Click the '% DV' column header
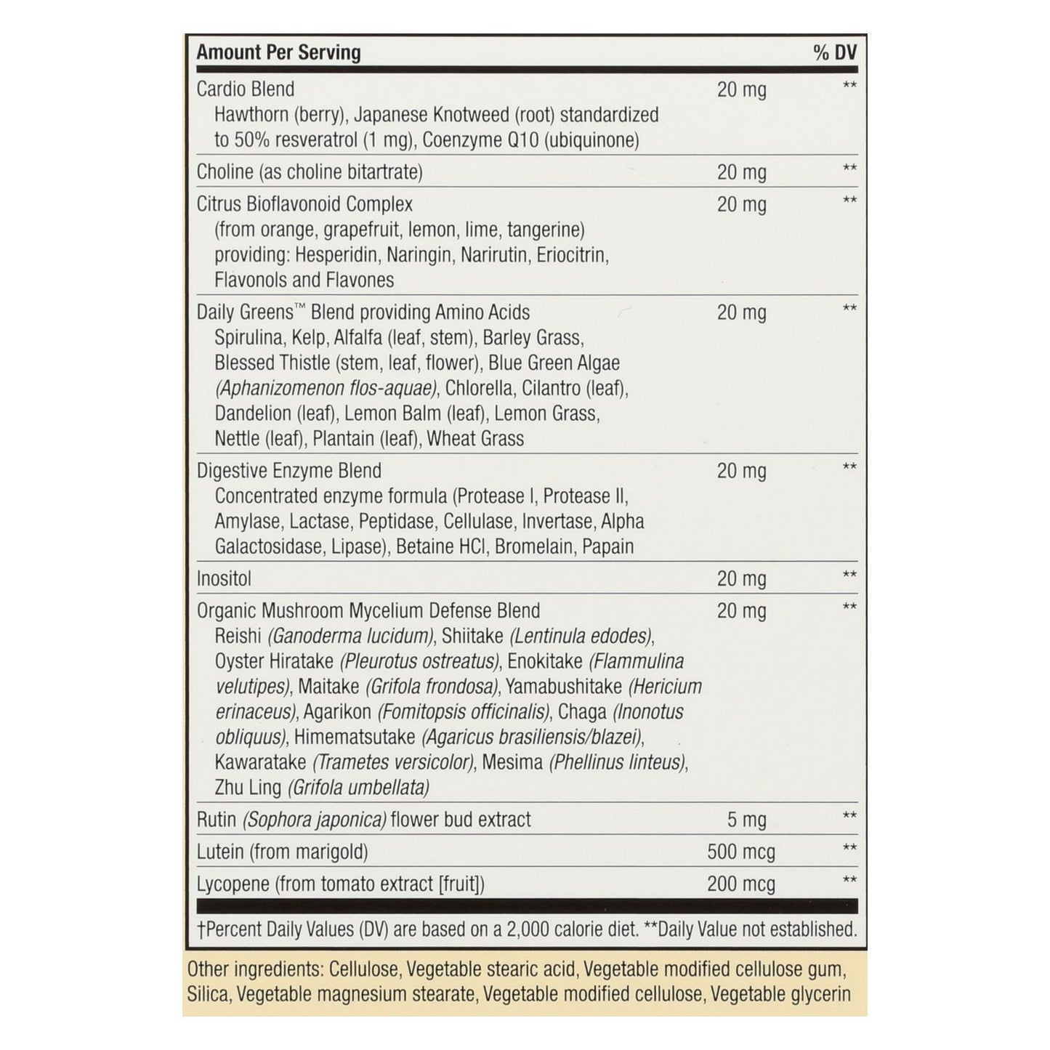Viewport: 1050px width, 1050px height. (x=835, y=53)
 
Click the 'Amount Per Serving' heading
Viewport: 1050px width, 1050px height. (x=278, y=53)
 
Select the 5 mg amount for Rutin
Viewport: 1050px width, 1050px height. (x=746, y=820)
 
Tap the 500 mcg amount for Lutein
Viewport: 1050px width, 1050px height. (x=741, y=852)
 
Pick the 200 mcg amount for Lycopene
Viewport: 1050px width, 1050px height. (x=741, y=884)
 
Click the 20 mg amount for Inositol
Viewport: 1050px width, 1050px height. (x=741, y=579)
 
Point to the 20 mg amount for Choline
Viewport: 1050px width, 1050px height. (x=741, y=172)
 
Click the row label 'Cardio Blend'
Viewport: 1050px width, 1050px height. (x=246, y=89)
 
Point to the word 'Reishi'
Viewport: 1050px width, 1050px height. (x=238, y=637)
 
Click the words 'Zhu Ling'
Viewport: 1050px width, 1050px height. (x=248, y=788)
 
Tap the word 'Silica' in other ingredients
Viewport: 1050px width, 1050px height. (x=208, y=995)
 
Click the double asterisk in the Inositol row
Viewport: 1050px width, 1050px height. (x=849, y=576)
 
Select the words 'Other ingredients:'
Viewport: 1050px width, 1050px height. (x=255, y=969)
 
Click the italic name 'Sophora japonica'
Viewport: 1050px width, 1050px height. (x=314, y=820)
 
